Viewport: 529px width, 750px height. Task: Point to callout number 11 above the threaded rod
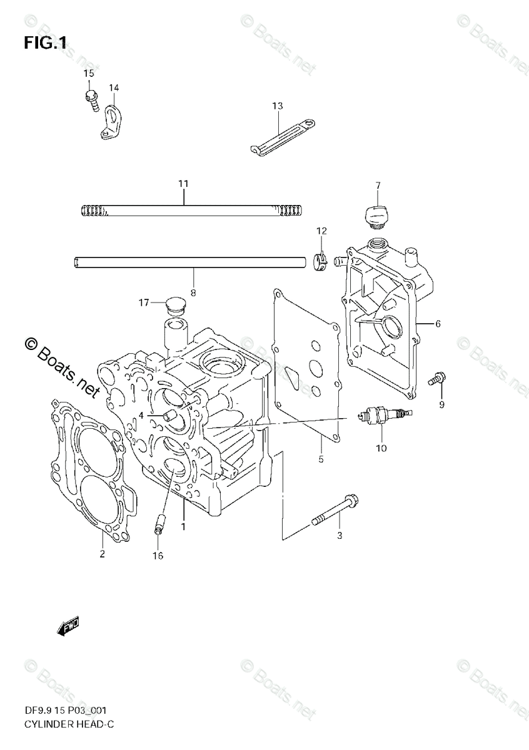(183, 184)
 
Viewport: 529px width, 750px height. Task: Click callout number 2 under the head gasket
(103, 554)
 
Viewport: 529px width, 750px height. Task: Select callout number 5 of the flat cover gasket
(321, 459)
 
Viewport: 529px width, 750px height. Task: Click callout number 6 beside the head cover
(438, 324)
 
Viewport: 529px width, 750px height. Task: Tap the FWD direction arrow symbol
(69, 627)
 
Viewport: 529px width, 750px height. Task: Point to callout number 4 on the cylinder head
(141, 415)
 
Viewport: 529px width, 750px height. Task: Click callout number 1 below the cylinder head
(184, 527)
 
